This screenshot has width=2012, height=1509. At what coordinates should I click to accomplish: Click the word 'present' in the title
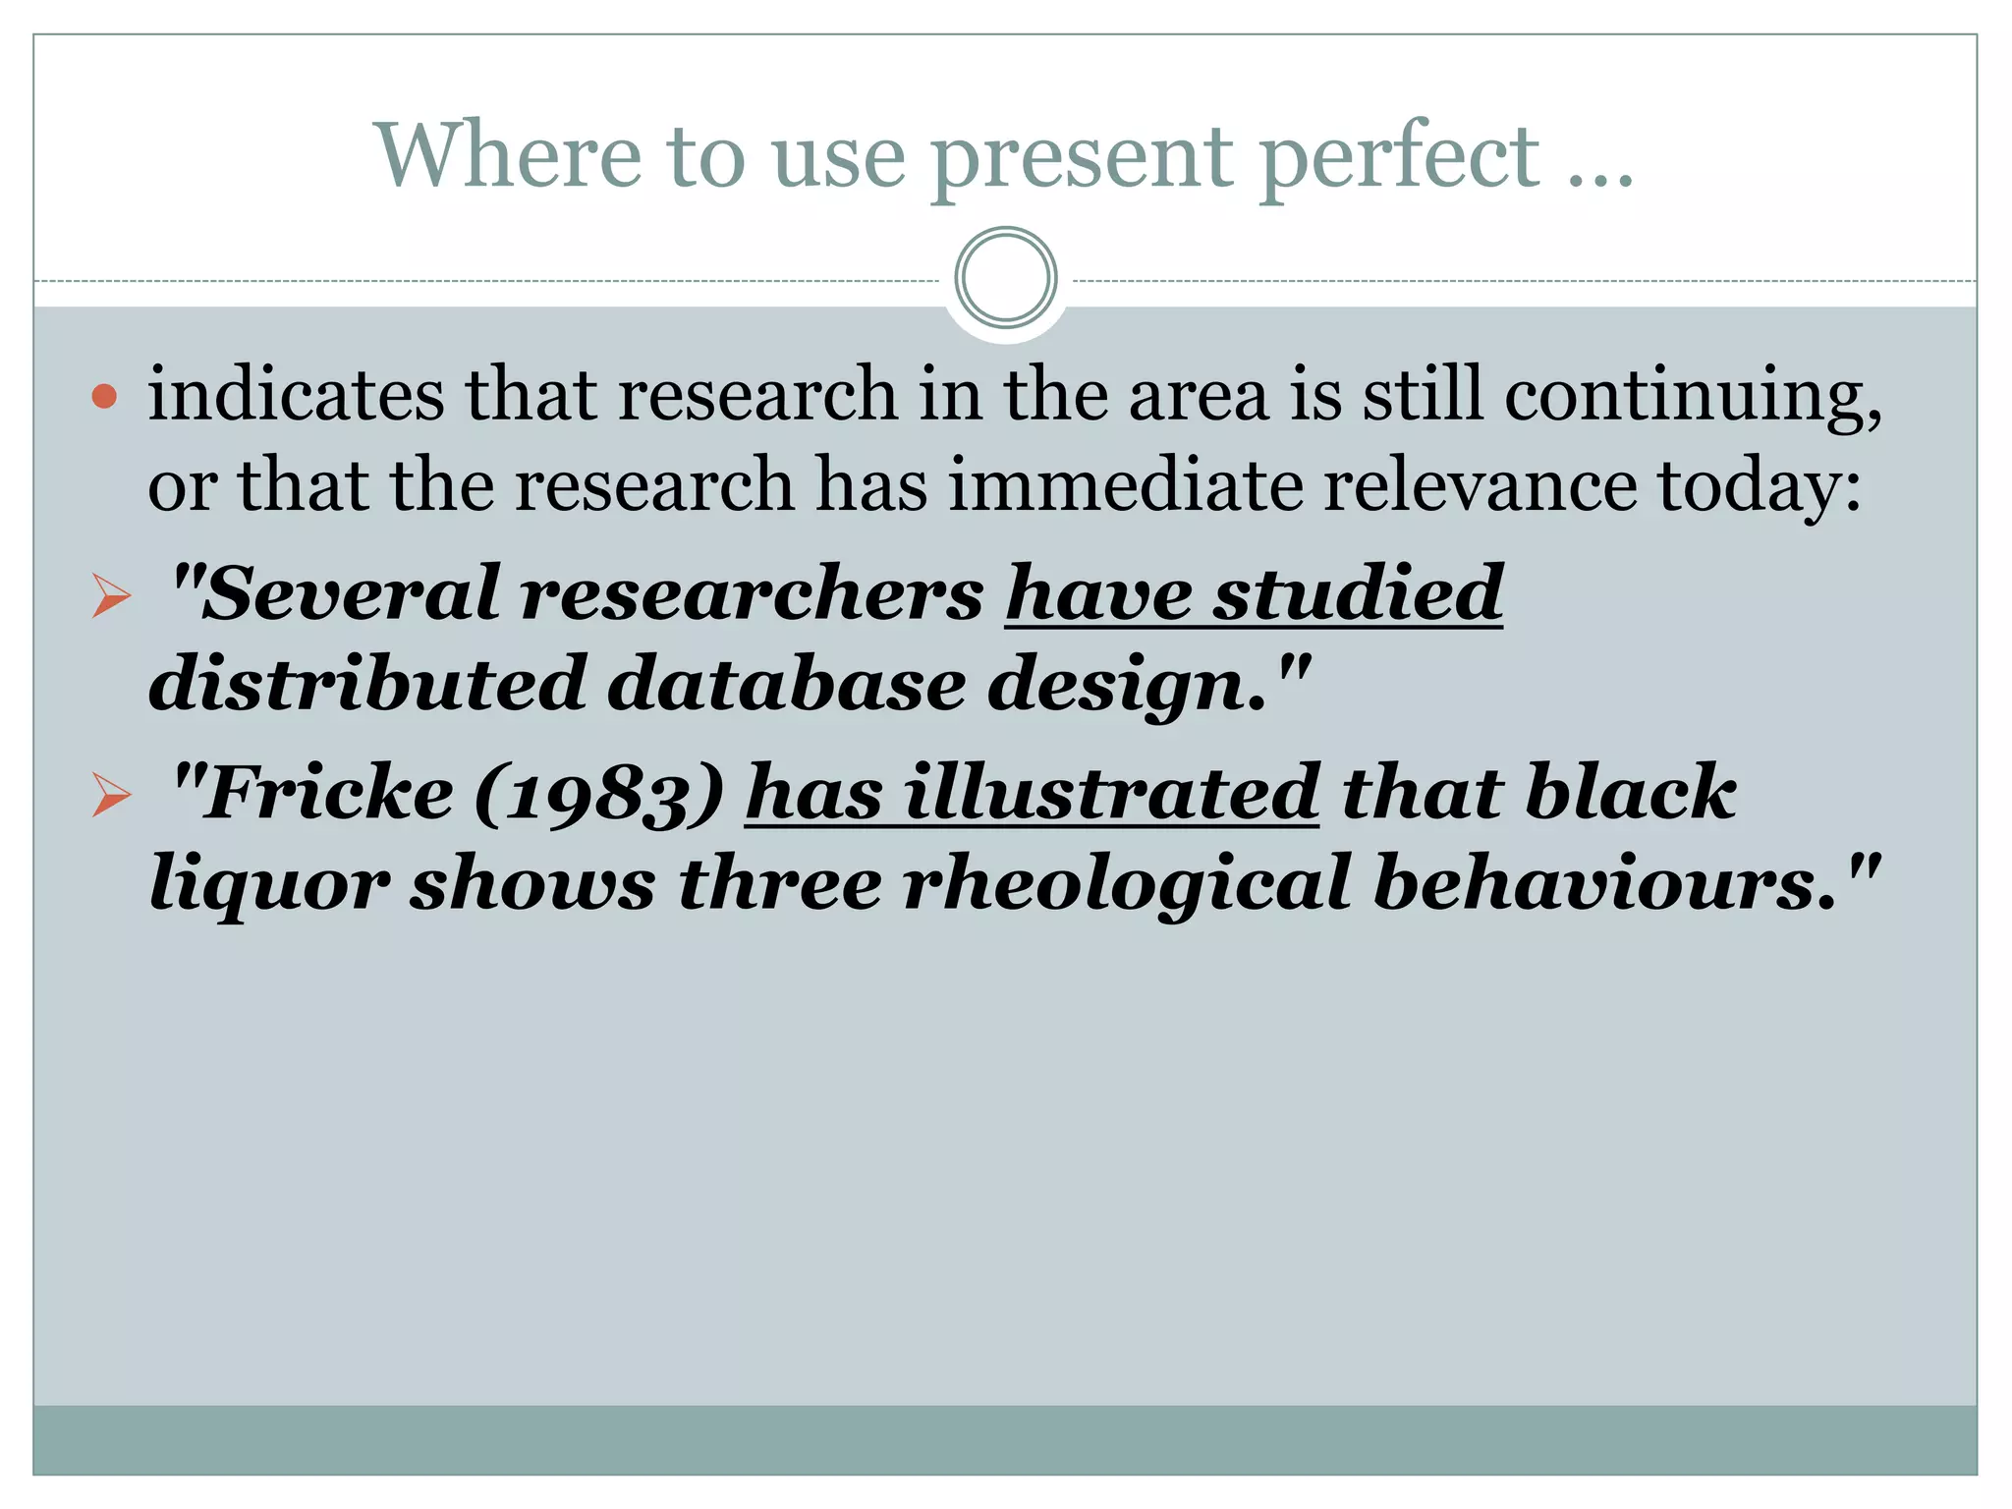1082,157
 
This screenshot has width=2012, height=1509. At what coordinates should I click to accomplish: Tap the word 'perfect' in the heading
1399,157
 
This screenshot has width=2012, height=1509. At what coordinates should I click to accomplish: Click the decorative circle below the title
1005,278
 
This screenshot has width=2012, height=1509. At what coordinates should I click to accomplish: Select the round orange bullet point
104,397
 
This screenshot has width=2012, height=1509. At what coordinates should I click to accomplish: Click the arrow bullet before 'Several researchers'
111,596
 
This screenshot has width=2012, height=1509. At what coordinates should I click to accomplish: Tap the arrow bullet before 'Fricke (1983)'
111,795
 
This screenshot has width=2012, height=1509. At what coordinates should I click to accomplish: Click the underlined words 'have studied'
1254,592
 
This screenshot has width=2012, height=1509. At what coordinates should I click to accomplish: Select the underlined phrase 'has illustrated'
1032,792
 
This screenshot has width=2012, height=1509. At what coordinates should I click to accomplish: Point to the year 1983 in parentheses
599,794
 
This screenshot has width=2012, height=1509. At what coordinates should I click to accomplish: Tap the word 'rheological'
1126,883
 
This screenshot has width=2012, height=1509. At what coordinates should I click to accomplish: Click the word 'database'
787,684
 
